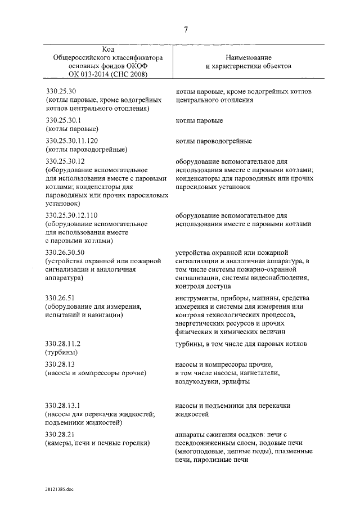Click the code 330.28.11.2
[x=64, y=343]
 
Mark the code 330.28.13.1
[x=64, y=405]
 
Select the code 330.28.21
[x=62, y=434]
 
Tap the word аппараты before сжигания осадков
[x=189, y=434]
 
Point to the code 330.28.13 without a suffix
[x=60, y=363]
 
